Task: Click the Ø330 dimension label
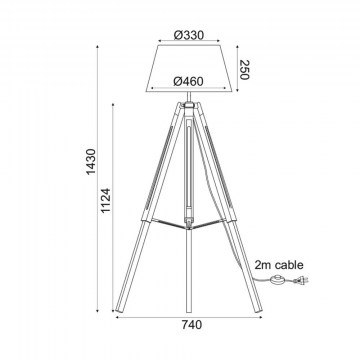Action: coord(189,35)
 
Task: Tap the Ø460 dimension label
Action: coord(188,81)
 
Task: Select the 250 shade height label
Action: coord(245,70)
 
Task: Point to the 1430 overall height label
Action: coord(91,161)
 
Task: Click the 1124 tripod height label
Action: coord(106,201)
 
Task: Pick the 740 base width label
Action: coord(192,324)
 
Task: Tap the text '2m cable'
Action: coord(279,265)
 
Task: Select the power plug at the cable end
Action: coord(302,281)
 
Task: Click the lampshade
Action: coord(189,68)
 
